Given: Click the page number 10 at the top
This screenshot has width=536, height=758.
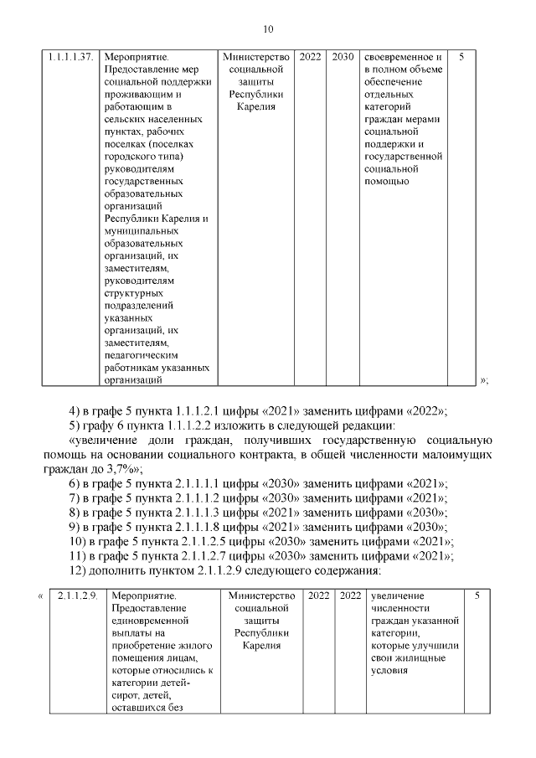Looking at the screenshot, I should [268, 29].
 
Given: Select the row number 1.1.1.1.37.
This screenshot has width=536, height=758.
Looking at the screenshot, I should [70, 57].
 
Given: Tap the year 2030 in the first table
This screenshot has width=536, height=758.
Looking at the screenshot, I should [342, 57].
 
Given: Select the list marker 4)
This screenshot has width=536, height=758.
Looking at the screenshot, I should [75, 410].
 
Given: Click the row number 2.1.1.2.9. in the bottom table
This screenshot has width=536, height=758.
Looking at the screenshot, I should [78, 596].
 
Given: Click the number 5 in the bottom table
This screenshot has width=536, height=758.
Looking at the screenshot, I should [477, 596].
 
